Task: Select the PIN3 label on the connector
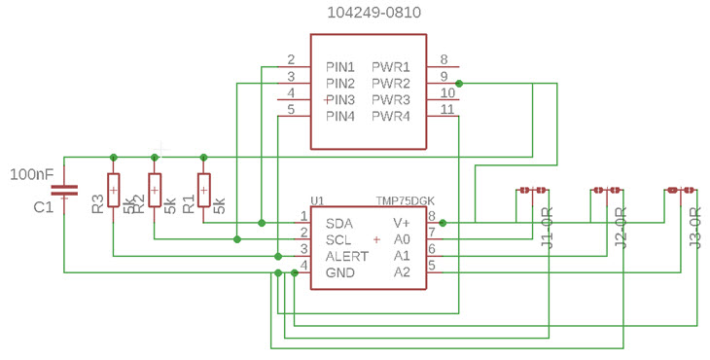coord(341,100)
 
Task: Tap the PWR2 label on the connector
coord(390,84)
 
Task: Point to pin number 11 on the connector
coord(446,109)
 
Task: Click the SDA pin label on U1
coord(339,223)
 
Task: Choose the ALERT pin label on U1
coord(347,256)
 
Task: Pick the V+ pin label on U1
coord(402,223)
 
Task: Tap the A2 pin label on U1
coord(402,272)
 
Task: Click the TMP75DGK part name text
coord(407,201)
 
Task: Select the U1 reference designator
coord(317,201)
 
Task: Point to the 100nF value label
coord(31,174)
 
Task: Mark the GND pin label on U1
coord(340,273)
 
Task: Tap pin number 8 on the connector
coord(444,58)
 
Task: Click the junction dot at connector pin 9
coord(459,84)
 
